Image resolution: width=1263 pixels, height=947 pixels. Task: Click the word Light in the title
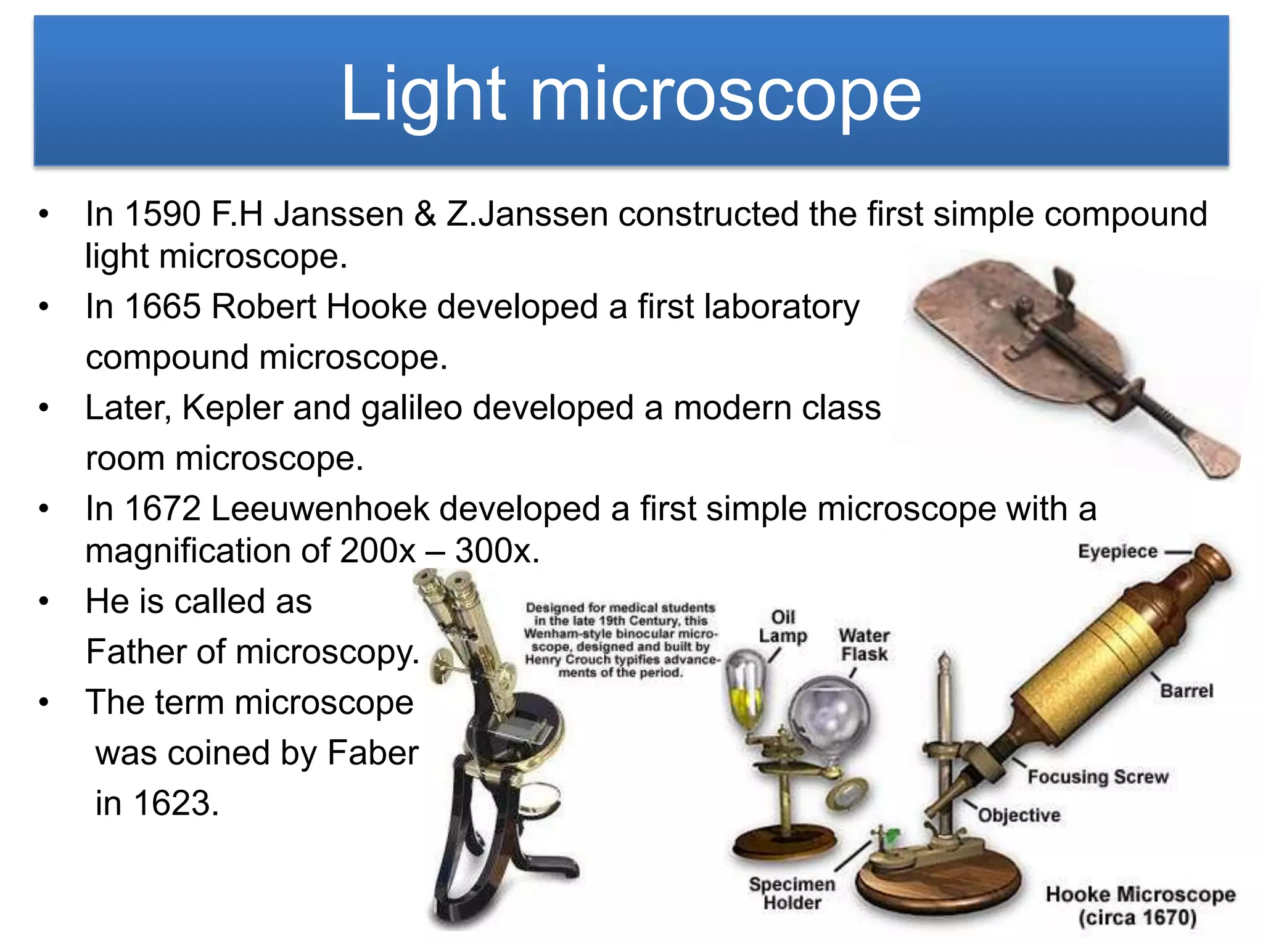click(423, 94)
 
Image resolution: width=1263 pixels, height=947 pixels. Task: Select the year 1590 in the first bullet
click(163, 214)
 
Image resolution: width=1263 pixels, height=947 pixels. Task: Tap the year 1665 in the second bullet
click(163, 306)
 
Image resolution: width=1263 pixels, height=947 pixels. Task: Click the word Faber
click(372, 753)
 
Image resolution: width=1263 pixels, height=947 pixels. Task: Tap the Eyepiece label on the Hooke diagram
click(1117, 551)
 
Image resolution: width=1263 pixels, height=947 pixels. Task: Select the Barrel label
click(1186, 691)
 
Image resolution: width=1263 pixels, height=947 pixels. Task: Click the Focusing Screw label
click(1098, 777)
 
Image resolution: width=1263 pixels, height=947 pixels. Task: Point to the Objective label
click(1019, 815)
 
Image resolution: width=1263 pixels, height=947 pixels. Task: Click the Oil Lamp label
click(783, 626)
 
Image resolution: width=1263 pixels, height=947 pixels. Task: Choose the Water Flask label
click(864, 645)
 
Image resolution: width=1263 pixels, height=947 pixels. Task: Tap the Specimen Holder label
click(792, 893)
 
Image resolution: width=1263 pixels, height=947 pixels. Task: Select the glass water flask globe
click(829, 715)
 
